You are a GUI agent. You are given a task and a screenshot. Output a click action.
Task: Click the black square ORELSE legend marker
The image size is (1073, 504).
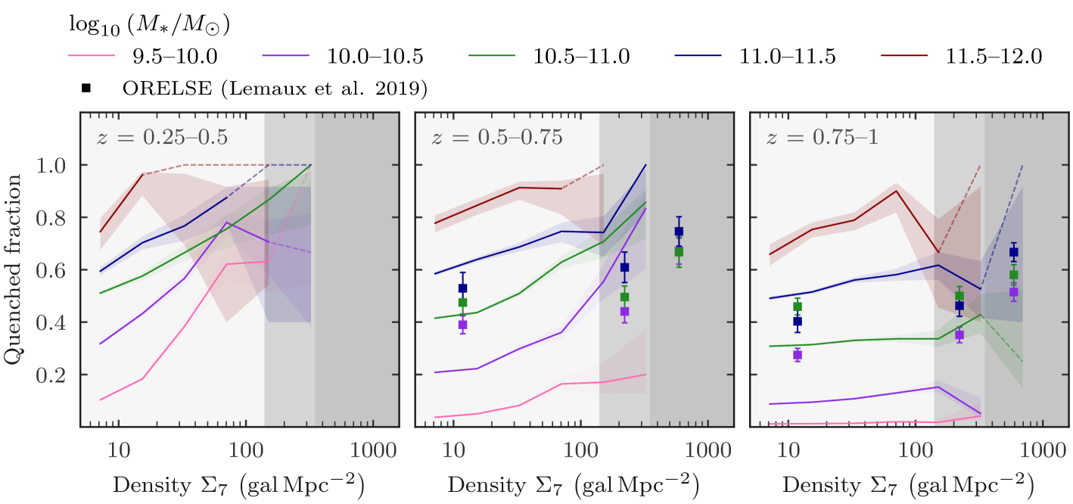pyautogui.click(x=87, y=89)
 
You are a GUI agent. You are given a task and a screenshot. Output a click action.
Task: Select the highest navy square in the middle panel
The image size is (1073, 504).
pyautogui.click(x=679, y=232)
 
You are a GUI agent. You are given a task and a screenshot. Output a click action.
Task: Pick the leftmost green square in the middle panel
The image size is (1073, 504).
pyautogui.click(x=462, y=303)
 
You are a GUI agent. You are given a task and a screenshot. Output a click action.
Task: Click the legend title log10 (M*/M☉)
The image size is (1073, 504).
pyautogui.click(x=150, y=26)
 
